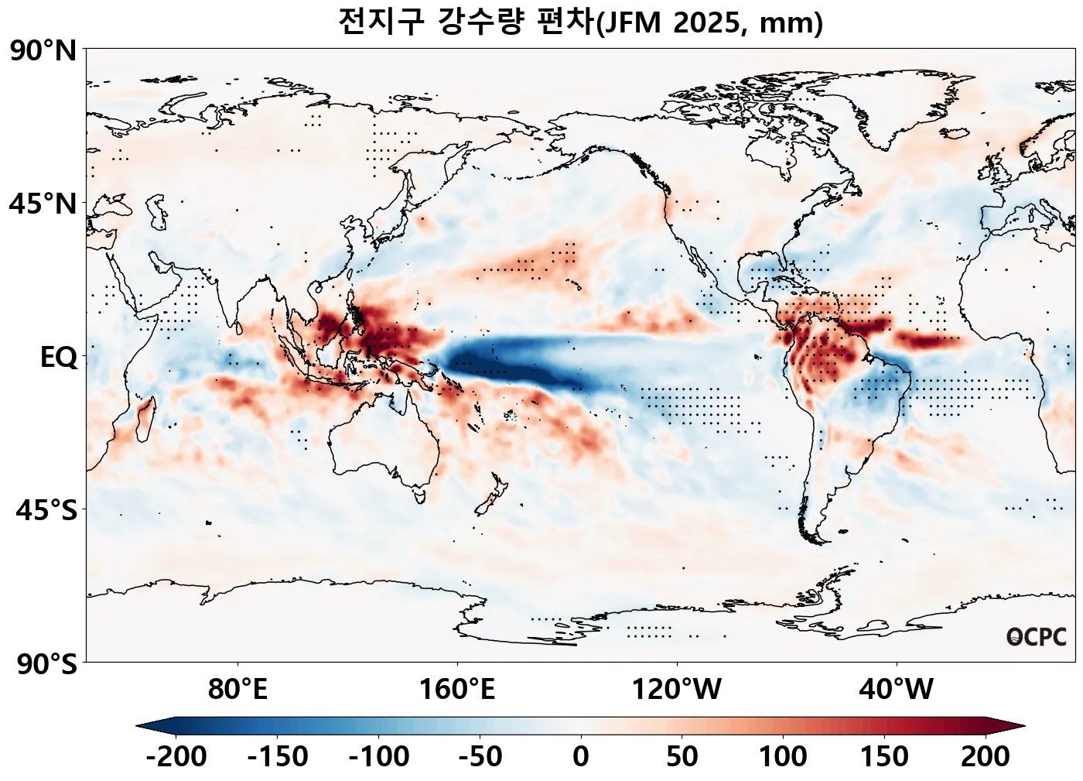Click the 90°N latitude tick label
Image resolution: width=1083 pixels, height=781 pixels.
click(43, 51)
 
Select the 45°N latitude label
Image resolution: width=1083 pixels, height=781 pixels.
click(43, 204)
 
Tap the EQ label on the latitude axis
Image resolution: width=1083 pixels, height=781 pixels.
click(59, 358)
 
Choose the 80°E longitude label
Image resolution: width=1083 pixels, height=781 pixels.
click(237, 688)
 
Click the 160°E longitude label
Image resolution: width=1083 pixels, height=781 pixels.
click(457, 688)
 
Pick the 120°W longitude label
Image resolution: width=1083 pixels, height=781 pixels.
click(677, 688)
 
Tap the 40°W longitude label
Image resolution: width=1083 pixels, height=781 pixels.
click(897, 688)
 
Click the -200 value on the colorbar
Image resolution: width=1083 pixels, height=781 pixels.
click(176, 756)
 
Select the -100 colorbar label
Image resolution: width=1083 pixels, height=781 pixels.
click(379, 756)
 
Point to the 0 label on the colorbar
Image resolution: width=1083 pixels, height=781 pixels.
click(581, 756)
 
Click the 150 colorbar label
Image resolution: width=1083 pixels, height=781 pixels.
click(884, 756)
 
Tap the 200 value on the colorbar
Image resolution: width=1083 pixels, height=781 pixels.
click(985, 756)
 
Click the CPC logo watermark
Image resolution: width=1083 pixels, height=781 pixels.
click(1037, 637)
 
